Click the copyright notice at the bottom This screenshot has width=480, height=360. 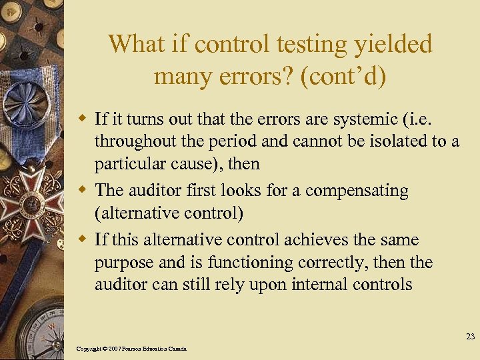pos(132,349)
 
